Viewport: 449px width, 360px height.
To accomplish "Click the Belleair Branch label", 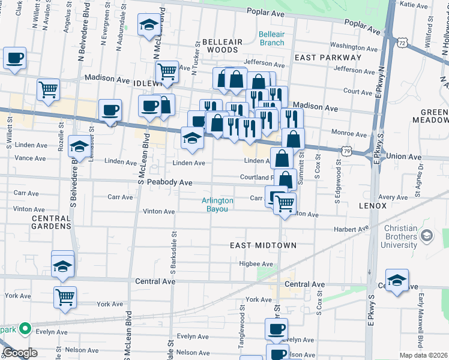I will tap(271, 38).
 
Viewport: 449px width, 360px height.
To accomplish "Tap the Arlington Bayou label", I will tap(217, 205).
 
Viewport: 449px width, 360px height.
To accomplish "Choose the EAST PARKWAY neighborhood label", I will tap(328, 58).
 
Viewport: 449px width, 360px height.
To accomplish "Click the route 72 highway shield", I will tap(402, 42).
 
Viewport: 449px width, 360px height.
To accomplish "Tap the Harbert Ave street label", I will tap(351, 229).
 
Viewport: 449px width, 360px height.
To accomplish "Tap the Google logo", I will tap(20, 353).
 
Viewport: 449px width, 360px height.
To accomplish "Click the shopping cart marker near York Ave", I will tap(65, 296).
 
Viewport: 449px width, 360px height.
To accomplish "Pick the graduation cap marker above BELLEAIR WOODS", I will tap(148, 25).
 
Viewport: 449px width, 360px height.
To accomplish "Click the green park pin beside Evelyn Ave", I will tap(25, 328).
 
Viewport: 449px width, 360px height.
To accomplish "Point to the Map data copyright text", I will tap(423, 355).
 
